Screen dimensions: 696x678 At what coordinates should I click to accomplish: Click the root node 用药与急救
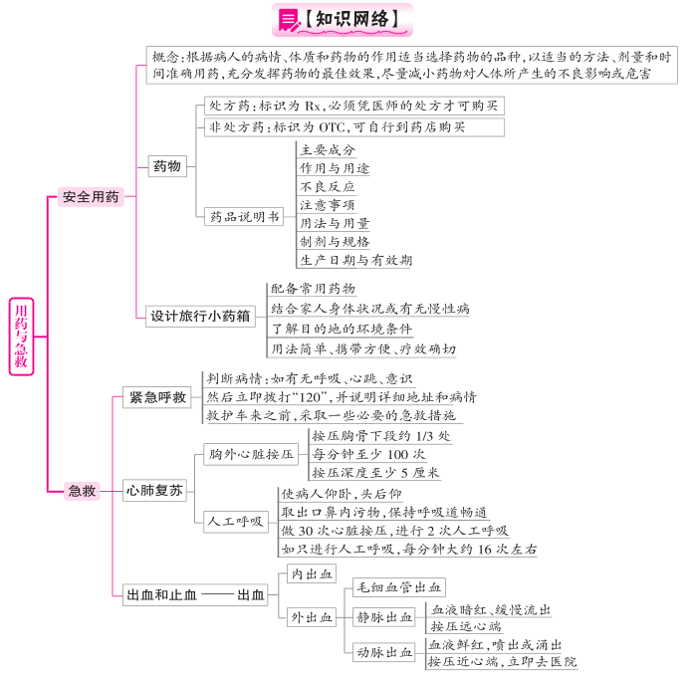coord(21,337)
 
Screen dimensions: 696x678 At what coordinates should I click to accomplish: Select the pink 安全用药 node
coord(91,196)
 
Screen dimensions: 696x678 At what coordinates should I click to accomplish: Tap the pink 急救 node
coord(82,491)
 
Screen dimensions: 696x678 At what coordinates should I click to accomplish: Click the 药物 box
coord(167,166)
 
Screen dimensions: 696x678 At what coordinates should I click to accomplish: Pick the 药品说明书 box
coord(244,216)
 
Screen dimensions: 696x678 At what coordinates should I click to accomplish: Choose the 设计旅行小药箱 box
coord(200,317)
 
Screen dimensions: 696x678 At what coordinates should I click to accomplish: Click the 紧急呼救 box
coord(157,397)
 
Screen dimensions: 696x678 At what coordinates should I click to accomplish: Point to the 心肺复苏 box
coord(154,490)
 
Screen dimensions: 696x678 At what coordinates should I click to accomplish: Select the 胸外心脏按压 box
coord(251,454)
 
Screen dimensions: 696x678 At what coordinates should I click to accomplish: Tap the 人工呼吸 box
coord(236,521)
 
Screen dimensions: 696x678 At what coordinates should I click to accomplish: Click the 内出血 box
coord(312,573)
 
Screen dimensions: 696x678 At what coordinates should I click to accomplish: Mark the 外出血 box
coord(312,617)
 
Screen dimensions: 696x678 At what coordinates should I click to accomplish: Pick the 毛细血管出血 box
coord(399,587)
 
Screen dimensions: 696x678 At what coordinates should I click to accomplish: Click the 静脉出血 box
coord(384,616)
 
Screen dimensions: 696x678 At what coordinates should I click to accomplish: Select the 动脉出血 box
coord(384,652)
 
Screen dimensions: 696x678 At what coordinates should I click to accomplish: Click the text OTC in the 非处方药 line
coord(332,127)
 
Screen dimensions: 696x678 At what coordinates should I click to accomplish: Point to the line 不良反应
coord(328,187)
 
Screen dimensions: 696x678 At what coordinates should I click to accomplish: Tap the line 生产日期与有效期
coord(356,260)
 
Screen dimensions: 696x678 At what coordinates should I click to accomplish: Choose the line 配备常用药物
coord(313,289)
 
